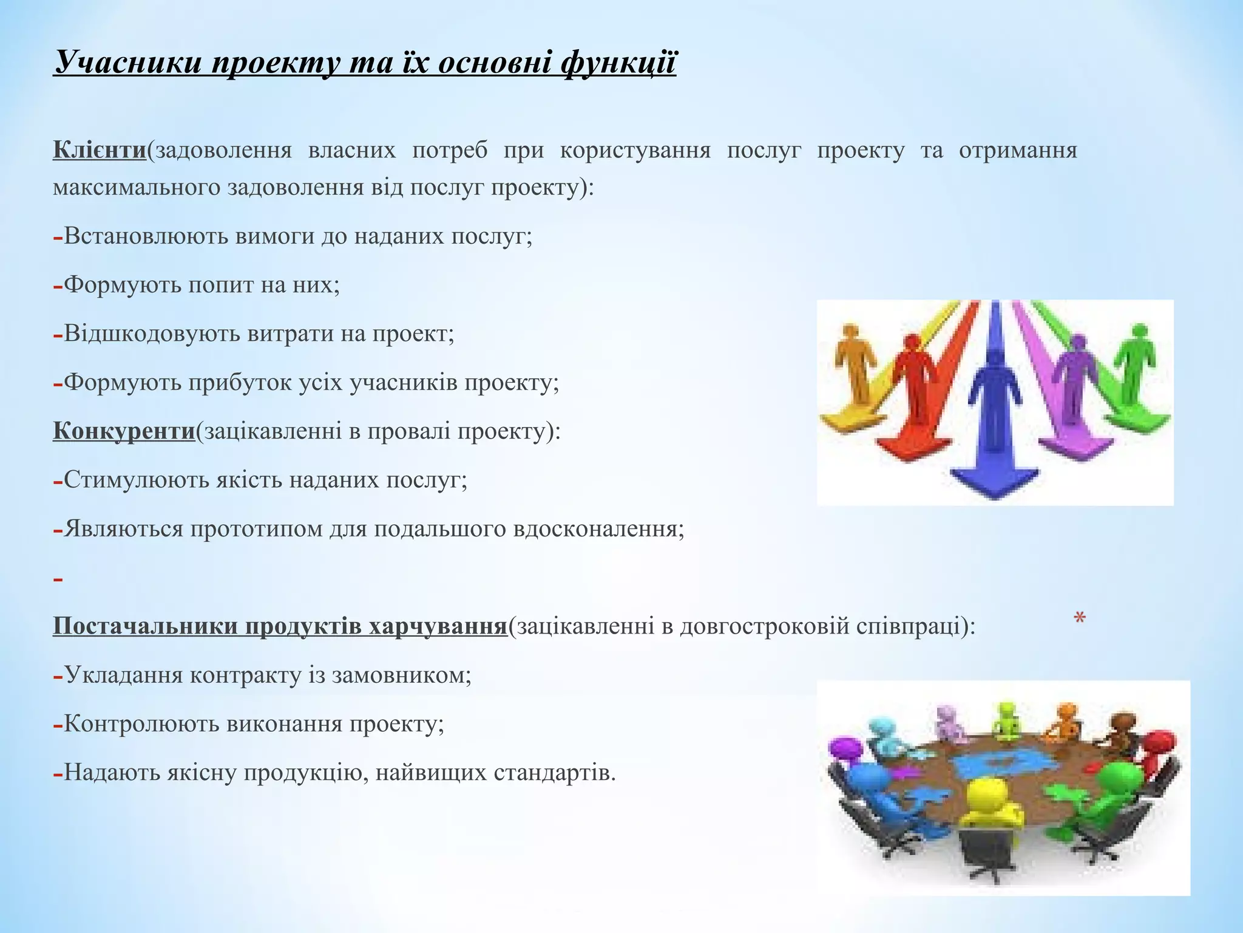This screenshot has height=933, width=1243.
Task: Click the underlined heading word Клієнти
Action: [x=100, y=150]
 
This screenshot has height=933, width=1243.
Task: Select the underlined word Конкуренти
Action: [x=124, y=431]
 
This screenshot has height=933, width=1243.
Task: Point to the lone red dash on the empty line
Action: [x=58, y=580]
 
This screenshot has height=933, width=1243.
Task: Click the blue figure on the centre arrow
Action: [x=994, y=401]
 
